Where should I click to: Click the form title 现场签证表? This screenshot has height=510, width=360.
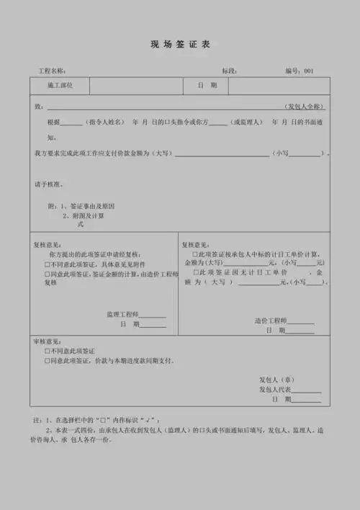click(180, 45)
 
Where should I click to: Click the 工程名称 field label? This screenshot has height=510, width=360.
click(52, 71)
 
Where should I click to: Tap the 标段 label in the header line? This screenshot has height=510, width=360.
click(230, 71)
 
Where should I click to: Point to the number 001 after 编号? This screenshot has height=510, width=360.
click(308, 71)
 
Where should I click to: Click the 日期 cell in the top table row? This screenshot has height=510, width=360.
click(207, 86)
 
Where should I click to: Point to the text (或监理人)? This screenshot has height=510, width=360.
click(246, 122)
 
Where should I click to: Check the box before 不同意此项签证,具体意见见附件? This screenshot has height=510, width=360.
click(48, 264)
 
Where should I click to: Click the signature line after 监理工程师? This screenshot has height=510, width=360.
click(153, 316)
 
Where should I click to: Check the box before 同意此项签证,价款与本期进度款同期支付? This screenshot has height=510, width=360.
click(48, 360)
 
